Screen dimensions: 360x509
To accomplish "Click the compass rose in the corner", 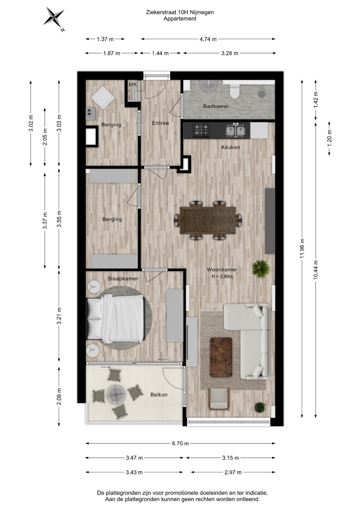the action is [54, 19].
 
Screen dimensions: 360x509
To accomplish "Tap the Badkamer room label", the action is [216, 106].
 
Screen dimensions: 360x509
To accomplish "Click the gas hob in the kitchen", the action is [201, 130].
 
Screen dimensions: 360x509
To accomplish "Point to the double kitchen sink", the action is [236, 130].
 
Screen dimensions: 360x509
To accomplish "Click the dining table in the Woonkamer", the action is [208, 220].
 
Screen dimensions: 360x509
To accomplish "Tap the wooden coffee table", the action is [221, 357].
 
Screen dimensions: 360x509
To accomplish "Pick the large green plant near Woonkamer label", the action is [261, 269].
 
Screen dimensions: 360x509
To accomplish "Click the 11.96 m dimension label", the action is [302, 248].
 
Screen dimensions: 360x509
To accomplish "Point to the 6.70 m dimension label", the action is [181, 443].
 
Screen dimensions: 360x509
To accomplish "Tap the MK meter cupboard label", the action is [133, 84].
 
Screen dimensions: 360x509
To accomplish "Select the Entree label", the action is [160, 123].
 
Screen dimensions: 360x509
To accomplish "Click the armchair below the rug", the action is [219, 399].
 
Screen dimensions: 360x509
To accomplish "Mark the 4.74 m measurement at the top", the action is [208, 39].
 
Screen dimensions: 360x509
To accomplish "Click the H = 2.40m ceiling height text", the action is [222, 276].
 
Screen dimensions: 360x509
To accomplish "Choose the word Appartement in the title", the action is [180, 19].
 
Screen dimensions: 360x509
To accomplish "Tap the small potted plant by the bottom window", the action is [260, 407].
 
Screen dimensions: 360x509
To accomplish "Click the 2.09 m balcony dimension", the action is [59, 397].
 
